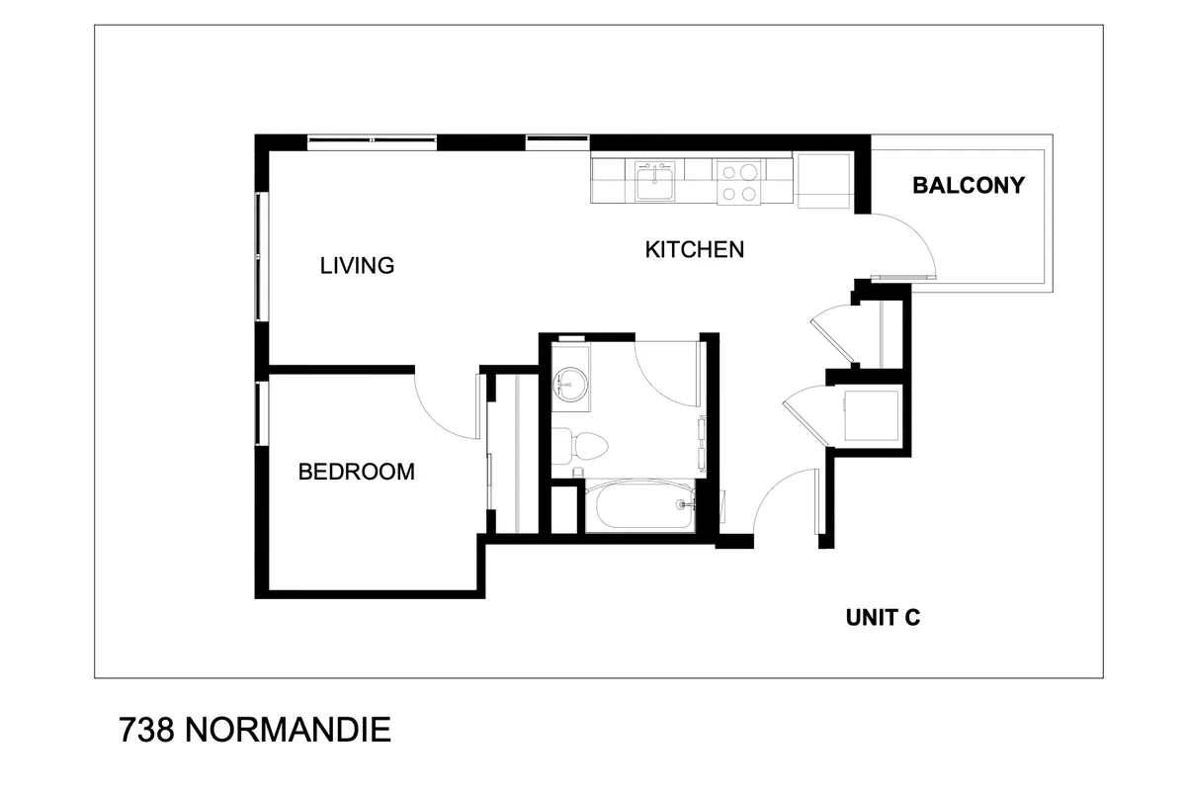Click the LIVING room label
(x=357, y=265)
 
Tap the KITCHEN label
(x=694, y=249)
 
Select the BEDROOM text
(x=357, y=472)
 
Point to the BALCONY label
(x=969, y=186)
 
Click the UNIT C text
(x=883, y=618)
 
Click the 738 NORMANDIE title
(x=255, y=730)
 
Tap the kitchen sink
(x=655, y=181)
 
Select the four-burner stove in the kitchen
(x=739, y=182)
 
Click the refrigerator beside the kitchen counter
(x=823, y=181)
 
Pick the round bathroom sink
(x=569, y=383)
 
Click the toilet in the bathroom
(x=580, y=446)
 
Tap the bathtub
(x=639, y=505)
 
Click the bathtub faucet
(x=685, y=504)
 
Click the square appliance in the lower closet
(x=871, y=416)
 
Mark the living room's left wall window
(x=259, y=257)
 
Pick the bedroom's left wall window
(x=259, y=413)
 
